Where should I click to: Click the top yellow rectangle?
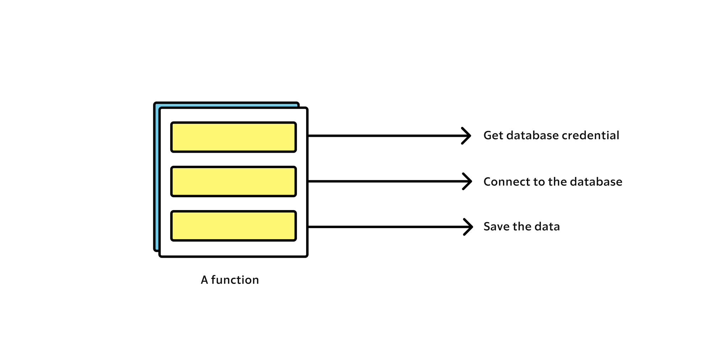pos(234,137)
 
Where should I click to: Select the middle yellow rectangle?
pos(234,182)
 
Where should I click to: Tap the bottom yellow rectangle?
pos(234,226)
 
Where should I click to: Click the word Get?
pos(493,135)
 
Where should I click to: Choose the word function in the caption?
pos(235,280)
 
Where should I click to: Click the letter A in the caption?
pos(204,280)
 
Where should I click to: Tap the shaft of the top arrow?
pos(384,136)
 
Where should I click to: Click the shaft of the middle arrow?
pos(384,181)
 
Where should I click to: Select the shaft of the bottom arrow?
pos(384,227)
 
